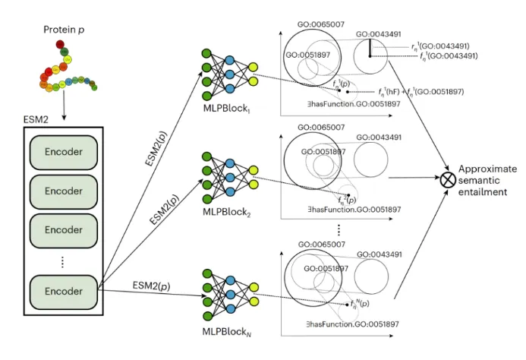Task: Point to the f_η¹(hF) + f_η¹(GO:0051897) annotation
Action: pos(433,91)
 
